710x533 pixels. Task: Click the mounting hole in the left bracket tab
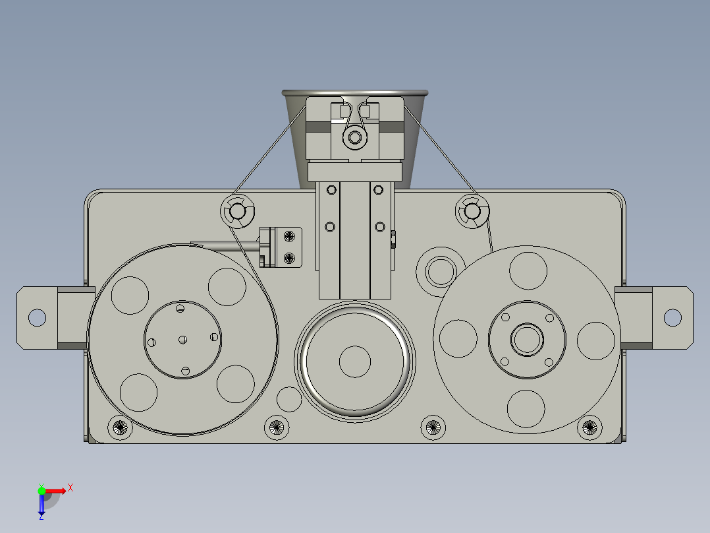point(37,317)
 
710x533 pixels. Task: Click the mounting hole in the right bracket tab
point(672,317)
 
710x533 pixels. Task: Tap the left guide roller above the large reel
point(237,211)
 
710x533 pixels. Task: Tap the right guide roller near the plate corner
point(472,211)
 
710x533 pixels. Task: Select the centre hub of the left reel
point(183,339)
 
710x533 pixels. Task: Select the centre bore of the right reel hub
point(527,339)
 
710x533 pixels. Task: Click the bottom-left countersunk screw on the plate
point(120,427)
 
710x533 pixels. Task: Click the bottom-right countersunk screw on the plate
point(589,427)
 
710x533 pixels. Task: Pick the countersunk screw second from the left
point(277,427)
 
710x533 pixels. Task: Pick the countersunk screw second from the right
point(433,427)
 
